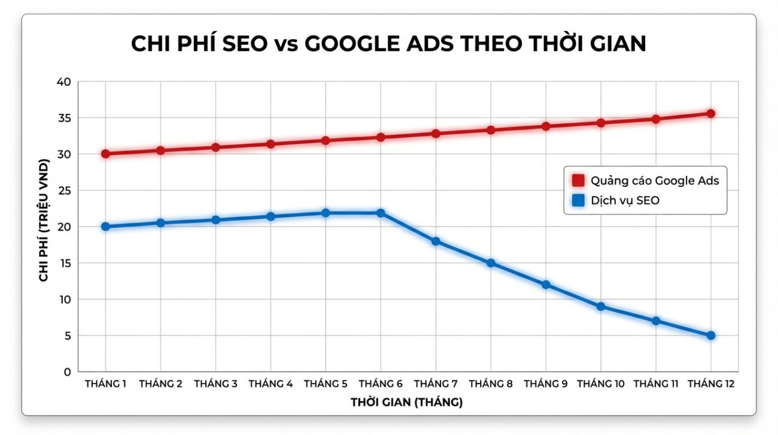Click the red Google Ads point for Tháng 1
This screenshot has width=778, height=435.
[105, 154]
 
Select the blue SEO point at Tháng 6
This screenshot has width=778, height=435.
[381, 213]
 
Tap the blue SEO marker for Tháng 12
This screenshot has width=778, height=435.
[711, 336]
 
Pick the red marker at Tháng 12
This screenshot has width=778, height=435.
[711, 113]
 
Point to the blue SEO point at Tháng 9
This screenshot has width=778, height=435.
[546, 285]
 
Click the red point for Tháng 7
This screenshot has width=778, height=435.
[436, 134]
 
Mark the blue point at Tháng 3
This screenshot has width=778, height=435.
[215, 220]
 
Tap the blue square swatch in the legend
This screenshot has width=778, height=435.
[578, 201]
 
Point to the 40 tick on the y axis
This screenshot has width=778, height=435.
[63, 81]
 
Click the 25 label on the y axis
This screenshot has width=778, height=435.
[63, 191]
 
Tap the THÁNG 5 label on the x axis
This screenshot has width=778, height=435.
[326, 384]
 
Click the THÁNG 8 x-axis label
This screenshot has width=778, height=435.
[491, 384]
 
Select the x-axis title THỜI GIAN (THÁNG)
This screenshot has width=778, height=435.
[407, 403]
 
